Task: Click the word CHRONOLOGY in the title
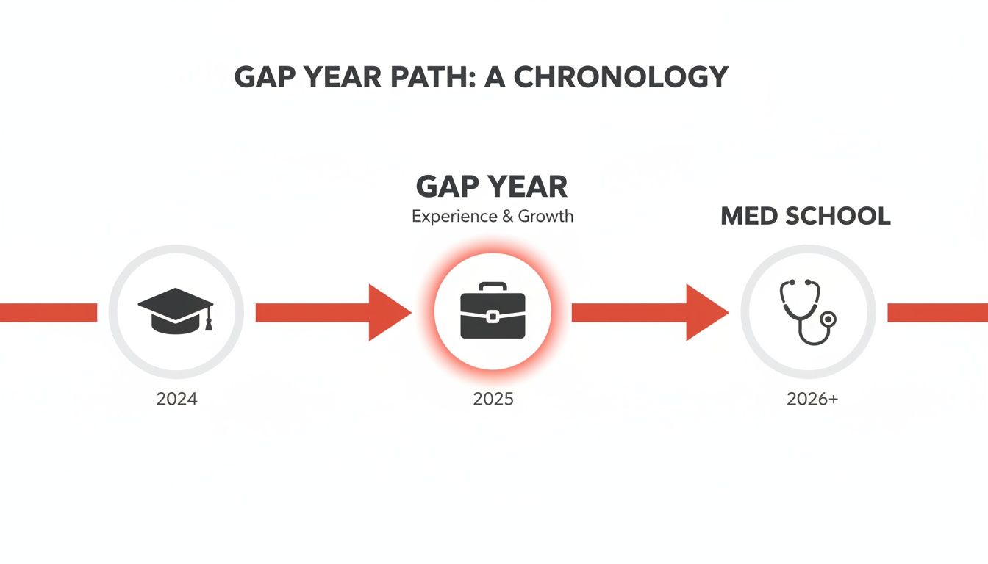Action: click(620, 77)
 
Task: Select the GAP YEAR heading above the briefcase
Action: click(492, 187)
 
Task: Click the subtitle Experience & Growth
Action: click(493, 217)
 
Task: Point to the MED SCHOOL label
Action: click(806, 216)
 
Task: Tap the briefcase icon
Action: click(493, 311)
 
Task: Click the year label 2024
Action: click(176, 399)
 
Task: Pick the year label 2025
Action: click(493, 399)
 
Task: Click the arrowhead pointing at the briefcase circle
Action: click(388, 313)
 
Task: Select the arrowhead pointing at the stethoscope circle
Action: click(706, 313)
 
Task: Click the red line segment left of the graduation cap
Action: click(48, 313)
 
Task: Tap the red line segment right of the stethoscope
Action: click(937, 313)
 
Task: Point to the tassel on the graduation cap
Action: click(209, 322)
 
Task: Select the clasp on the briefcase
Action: click(493, 317)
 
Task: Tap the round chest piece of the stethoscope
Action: click(829, 319)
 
